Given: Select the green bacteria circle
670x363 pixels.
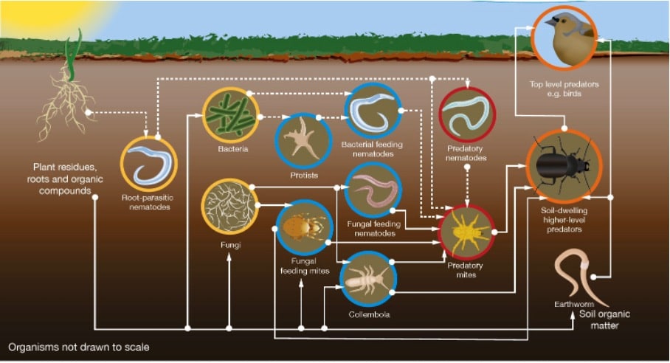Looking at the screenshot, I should coord(230,114).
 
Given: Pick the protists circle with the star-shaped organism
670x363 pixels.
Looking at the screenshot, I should coord(303,139).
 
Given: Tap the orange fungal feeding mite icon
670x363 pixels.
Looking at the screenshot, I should coord(304,227).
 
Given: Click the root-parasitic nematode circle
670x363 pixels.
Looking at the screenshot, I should coord(148,163).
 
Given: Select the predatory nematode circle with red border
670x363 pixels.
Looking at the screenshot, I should coord(467,115).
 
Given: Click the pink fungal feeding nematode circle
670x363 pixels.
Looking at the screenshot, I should coord(373,190).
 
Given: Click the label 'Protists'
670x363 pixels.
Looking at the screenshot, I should coord(303,176).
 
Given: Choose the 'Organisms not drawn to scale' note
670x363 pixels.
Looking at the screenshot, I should coord(78,346).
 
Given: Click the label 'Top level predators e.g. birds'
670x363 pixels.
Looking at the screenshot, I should coord(564,89).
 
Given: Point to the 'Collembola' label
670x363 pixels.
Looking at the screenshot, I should coord(368,315).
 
